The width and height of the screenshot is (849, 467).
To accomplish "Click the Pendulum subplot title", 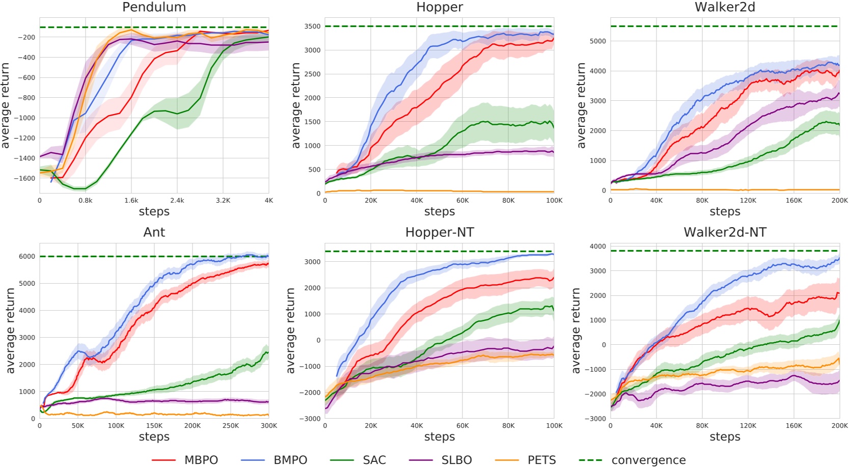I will click(154, 7).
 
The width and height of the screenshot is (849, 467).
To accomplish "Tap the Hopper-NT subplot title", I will click(439, 232).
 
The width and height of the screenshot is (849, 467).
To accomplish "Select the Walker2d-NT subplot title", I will click(724, 232).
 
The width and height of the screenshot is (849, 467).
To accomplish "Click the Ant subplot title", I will click(154, 232).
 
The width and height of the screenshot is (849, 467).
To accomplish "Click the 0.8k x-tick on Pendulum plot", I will click(86, 201).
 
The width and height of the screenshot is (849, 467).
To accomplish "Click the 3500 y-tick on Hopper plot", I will click(312, 26).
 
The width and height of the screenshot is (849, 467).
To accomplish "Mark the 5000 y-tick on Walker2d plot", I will click(597, 41).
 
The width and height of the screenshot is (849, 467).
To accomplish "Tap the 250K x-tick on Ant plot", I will click(230, 426).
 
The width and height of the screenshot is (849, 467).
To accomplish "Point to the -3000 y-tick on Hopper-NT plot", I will click(310, 419).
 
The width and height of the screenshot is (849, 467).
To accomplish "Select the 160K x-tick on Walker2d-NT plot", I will click(793, 426).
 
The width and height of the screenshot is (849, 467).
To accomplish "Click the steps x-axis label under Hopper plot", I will click(439, 211).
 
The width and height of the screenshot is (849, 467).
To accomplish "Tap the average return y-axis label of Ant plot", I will click(10, 331).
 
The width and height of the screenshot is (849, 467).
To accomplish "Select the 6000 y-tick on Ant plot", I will click(27, 256).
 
